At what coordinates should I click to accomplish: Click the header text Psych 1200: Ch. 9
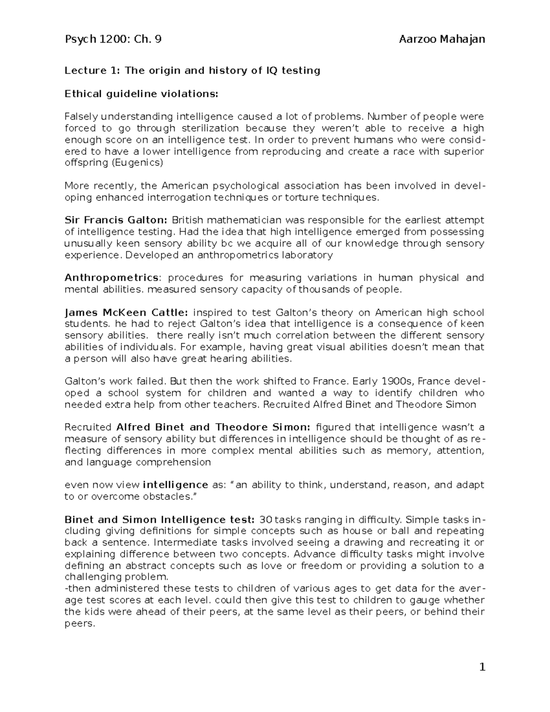(113, 39)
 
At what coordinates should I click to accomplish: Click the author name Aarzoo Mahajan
(442, 39)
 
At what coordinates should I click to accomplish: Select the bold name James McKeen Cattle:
(126, 313)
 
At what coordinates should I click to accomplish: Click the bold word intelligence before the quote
(176, 485)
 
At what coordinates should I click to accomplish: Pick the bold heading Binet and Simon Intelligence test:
(159, 520)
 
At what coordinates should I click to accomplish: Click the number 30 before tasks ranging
(266, 520)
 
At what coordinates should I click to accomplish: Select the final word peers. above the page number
(80, 624)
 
